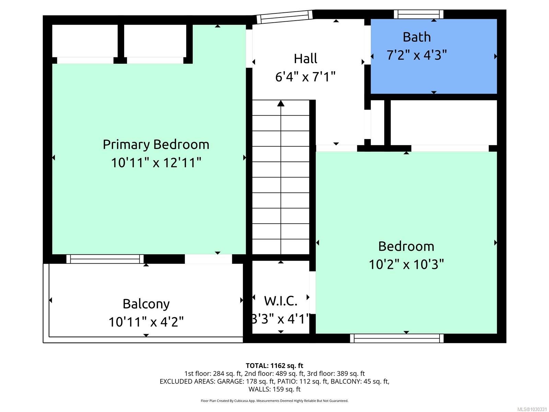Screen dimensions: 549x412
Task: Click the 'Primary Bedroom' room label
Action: click(x=156, y=145)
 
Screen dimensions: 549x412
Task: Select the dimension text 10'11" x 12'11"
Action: click(x=156, y=163)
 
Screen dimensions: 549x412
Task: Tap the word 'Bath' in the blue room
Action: click(x=417, y=37)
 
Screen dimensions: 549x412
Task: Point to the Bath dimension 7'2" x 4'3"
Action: click(x=417, y=55)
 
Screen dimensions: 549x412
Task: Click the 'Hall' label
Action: click(x=305, y=58)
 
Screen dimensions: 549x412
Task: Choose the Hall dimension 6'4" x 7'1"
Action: click(x=305, y=77)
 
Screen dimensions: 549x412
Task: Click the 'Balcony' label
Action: click(x=146, y=304)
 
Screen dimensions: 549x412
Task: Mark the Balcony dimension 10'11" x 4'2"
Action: click(x=146, y=322)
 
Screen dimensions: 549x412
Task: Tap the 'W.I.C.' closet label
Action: click(x=281, y=301)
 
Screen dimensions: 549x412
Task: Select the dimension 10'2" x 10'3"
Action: click(x=406, y=264)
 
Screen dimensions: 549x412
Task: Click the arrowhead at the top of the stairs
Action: click(x=281, y=103)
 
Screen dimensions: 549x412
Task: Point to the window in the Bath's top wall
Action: click(x=418, y=14)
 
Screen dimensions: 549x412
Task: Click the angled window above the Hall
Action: click(x=285, y=17)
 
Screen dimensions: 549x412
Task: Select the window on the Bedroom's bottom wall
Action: click(x=397, y=338)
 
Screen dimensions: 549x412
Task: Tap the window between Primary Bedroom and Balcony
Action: click(x=105, y=259)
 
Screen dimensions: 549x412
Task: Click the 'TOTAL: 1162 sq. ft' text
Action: click(x=274, y=366)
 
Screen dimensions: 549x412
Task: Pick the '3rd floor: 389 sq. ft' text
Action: click(x=336, y=374)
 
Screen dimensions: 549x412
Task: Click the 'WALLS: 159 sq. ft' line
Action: click(x=274, y=389)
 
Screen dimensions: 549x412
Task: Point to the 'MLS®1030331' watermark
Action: click(x=532, y=409)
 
